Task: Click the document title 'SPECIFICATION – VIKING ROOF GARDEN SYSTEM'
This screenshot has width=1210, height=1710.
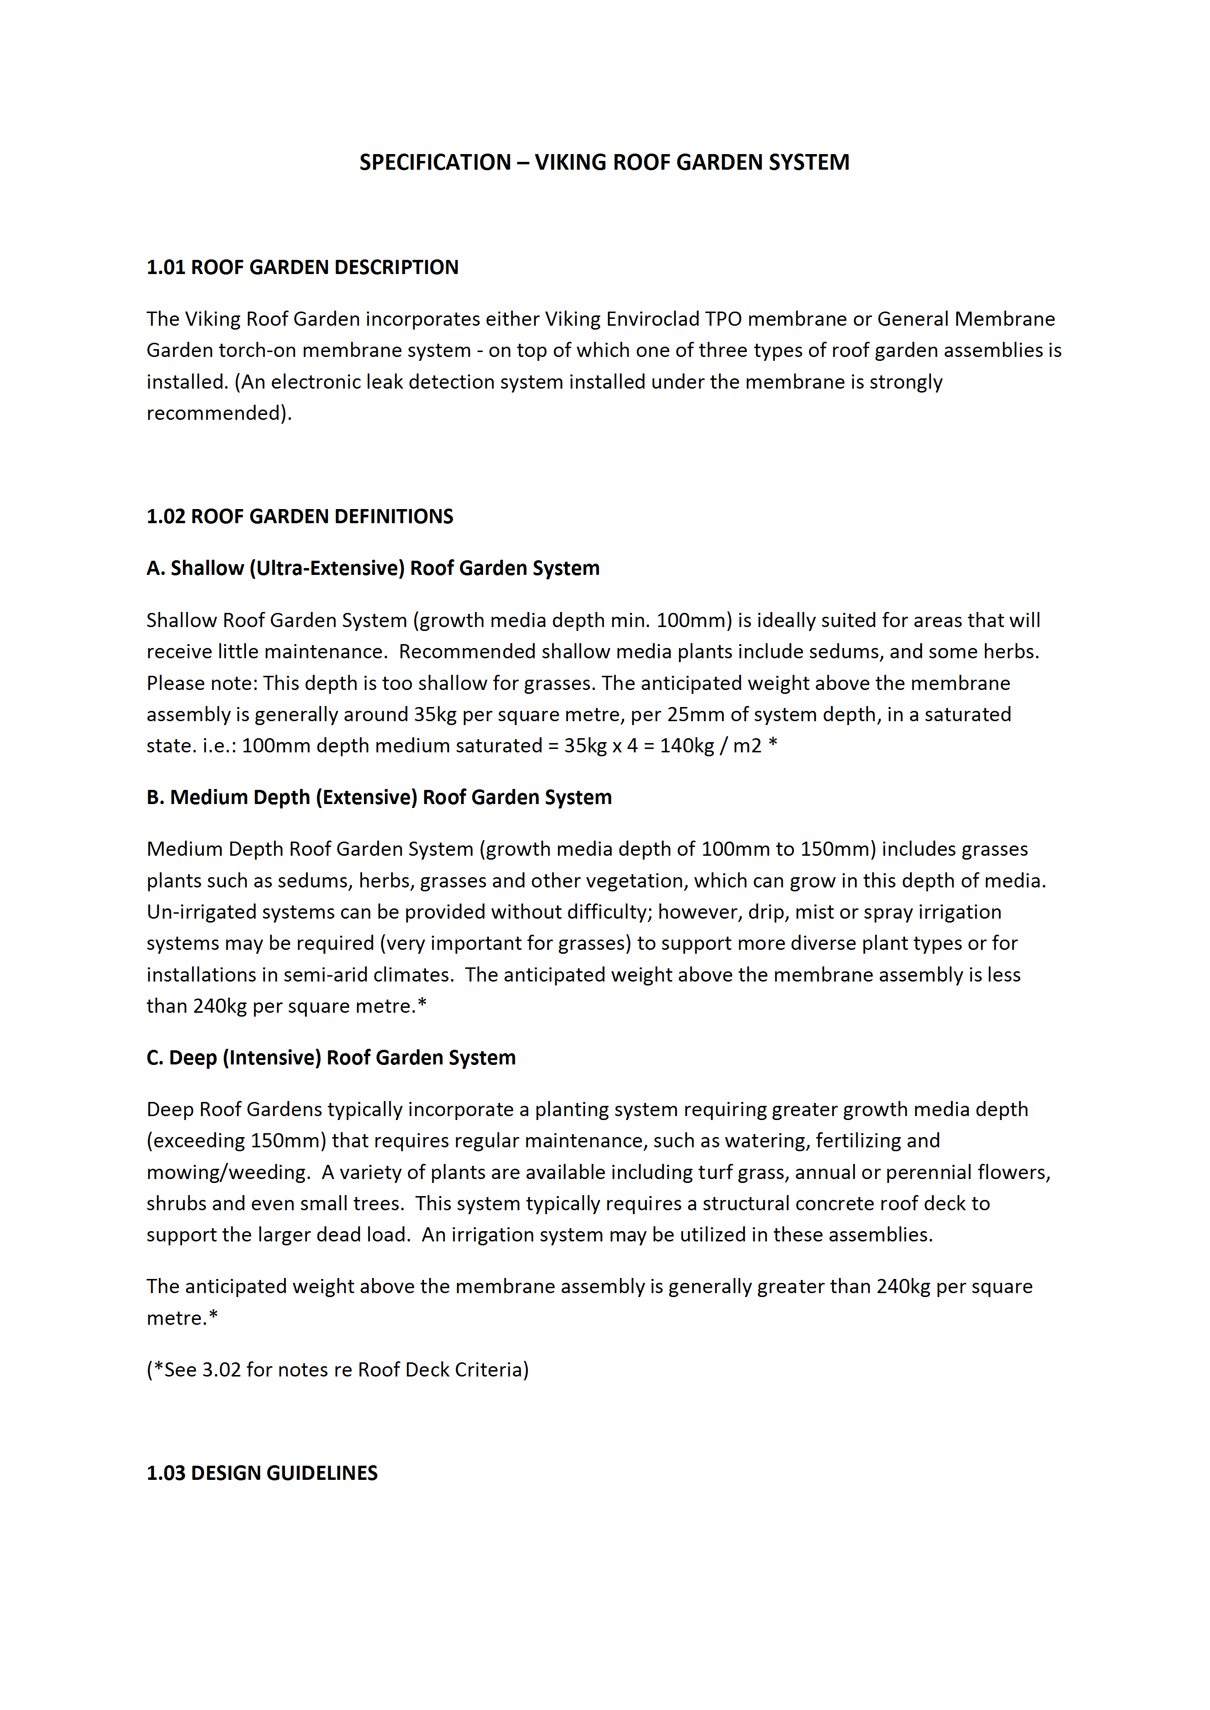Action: pos(604,162)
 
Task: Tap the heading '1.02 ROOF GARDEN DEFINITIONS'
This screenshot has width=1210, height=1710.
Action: pos(300,516)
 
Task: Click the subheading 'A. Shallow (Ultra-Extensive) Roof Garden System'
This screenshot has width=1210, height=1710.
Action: pos(373,568)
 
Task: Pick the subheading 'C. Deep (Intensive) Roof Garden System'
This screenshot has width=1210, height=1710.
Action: pos(331,1058)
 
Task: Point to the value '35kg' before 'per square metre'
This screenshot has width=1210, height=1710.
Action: pos(435,714)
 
